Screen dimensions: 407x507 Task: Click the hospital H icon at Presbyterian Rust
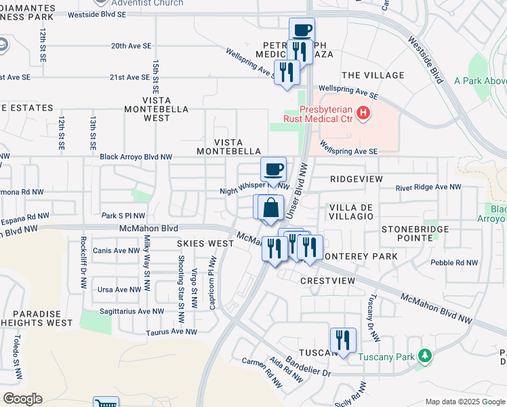coord(365,112)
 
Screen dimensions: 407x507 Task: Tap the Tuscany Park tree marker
coord(425,355)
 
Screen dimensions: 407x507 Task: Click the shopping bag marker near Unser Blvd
coord(270,208)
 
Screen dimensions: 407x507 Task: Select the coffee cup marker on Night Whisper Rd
coord(273,170)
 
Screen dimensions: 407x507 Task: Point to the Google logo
coord(22,399)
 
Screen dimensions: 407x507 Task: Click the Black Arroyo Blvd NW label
coord(136,157)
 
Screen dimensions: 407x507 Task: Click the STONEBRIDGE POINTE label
coord(415,233)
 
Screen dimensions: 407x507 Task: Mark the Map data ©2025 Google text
coord(464,402)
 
